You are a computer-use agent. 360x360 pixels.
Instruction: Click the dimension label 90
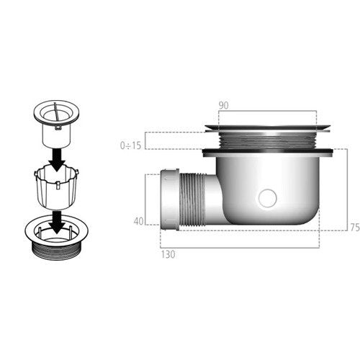click(x=224, y=106)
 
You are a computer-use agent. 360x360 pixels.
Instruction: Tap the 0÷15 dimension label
click(x=130, y=145)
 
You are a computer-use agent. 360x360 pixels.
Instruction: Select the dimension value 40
click(x=138, y=221)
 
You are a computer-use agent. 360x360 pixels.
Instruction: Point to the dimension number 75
click(x=355, y=227)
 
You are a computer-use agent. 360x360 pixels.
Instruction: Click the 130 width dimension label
click(x=168, y=254)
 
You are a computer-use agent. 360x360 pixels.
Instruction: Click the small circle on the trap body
click(x=268, y=198)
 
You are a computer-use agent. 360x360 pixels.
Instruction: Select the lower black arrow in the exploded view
click(x=57, y=222)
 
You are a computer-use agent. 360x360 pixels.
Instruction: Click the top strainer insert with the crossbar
click(x=57, y=124)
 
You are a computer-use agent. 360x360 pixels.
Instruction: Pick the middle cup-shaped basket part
click(x=56, y=189)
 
